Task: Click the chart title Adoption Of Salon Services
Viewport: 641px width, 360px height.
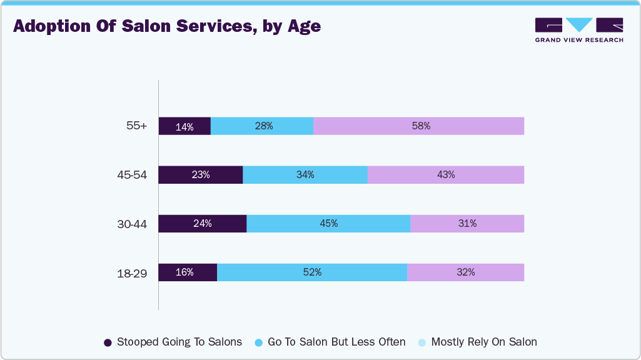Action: click(x=167, y=27)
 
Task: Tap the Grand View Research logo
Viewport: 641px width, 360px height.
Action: click(x=578, y=30)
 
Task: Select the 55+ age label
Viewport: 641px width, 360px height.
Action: click(x=136, y=126)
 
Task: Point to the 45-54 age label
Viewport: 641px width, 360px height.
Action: click(x=132, y=175)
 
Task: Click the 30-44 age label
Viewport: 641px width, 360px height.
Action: click(x=132, y=224)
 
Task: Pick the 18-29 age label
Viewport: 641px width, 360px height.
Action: click(x=132, y=272)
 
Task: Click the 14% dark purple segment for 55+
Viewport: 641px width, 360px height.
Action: click(x=184, y=126)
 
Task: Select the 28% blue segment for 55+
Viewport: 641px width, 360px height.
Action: click(x=262, y=126)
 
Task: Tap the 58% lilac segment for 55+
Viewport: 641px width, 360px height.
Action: click(x=418, y=126)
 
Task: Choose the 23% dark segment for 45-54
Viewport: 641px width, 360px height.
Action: click(x=200, y=175)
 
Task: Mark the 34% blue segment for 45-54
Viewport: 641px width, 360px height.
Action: click(x=305, y=175)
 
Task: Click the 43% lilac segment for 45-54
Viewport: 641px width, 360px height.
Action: click(x=445, y=175)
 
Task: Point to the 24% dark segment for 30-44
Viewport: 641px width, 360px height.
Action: click(x=202, y=224)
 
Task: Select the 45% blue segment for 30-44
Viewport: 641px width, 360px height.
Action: click(x=328, y=224)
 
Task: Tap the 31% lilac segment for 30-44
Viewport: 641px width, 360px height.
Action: click(x=467, y=224)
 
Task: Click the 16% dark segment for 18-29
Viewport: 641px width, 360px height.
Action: click(x=188, y=272)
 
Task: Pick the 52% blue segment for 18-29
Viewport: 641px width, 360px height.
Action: click(x=312, y=272)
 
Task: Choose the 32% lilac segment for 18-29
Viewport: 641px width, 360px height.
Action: click(x=465, y=272)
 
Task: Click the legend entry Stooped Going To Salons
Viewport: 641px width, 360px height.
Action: click(x=173, y=342)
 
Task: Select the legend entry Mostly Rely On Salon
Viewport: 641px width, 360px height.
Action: click(x=477, y=342)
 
